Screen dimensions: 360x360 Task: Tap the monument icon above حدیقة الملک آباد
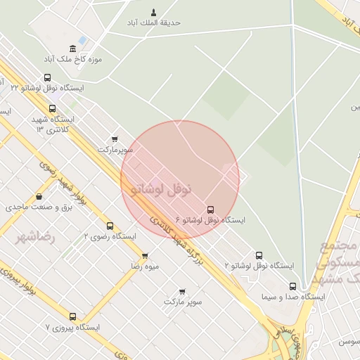point(154,11)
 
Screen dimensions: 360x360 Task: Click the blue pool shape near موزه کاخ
point(82,39)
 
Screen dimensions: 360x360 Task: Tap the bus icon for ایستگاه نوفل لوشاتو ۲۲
point(47,78)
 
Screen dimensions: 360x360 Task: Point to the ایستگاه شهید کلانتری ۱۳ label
point(54,124)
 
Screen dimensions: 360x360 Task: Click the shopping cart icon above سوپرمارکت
point(115,139)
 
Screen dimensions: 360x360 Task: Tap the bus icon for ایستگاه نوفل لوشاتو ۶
point(210,210)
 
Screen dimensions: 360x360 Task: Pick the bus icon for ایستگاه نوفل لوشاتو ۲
point(259,255)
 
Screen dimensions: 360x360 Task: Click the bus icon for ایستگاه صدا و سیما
point(293,286)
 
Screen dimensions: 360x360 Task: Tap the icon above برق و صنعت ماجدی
point(37,197)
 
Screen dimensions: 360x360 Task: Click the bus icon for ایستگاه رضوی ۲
point(110,226)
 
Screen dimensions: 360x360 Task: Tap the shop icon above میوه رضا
point(145,256)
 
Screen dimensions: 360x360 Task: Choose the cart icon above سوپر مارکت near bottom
point(182,290)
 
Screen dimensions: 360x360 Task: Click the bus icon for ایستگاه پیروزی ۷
point(72,316)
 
